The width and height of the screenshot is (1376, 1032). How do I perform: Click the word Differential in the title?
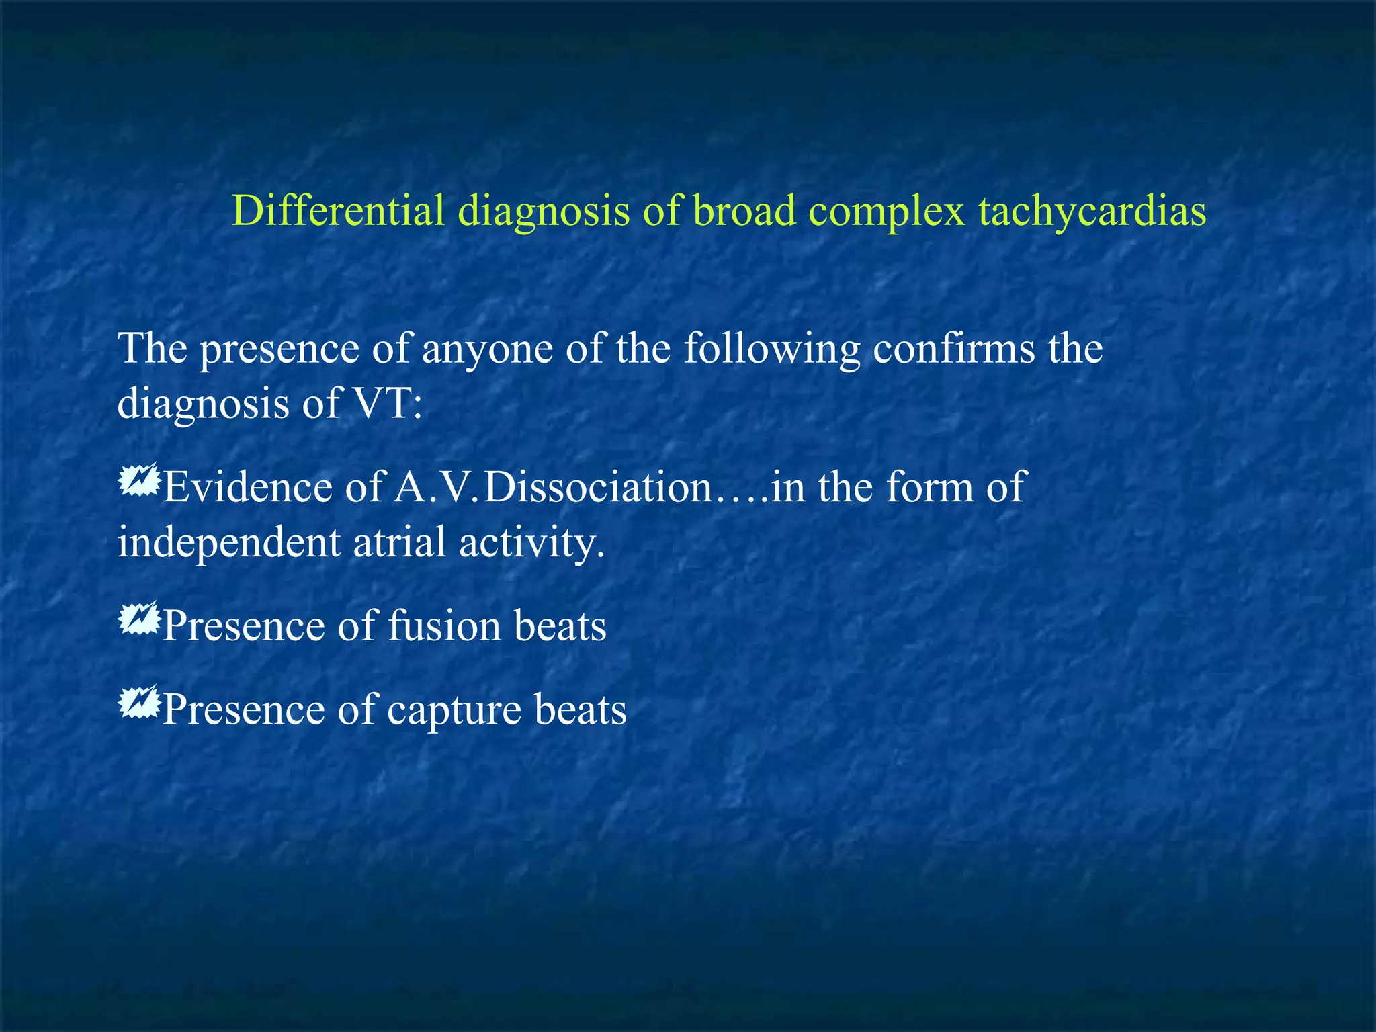click(x=338, y=210)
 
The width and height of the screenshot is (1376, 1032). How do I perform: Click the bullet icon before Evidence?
click(x=138, y=480)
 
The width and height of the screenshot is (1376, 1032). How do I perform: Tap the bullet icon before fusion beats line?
click(x=138, y=619)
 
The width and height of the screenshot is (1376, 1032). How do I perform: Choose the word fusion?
click(x=444, y=626)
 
